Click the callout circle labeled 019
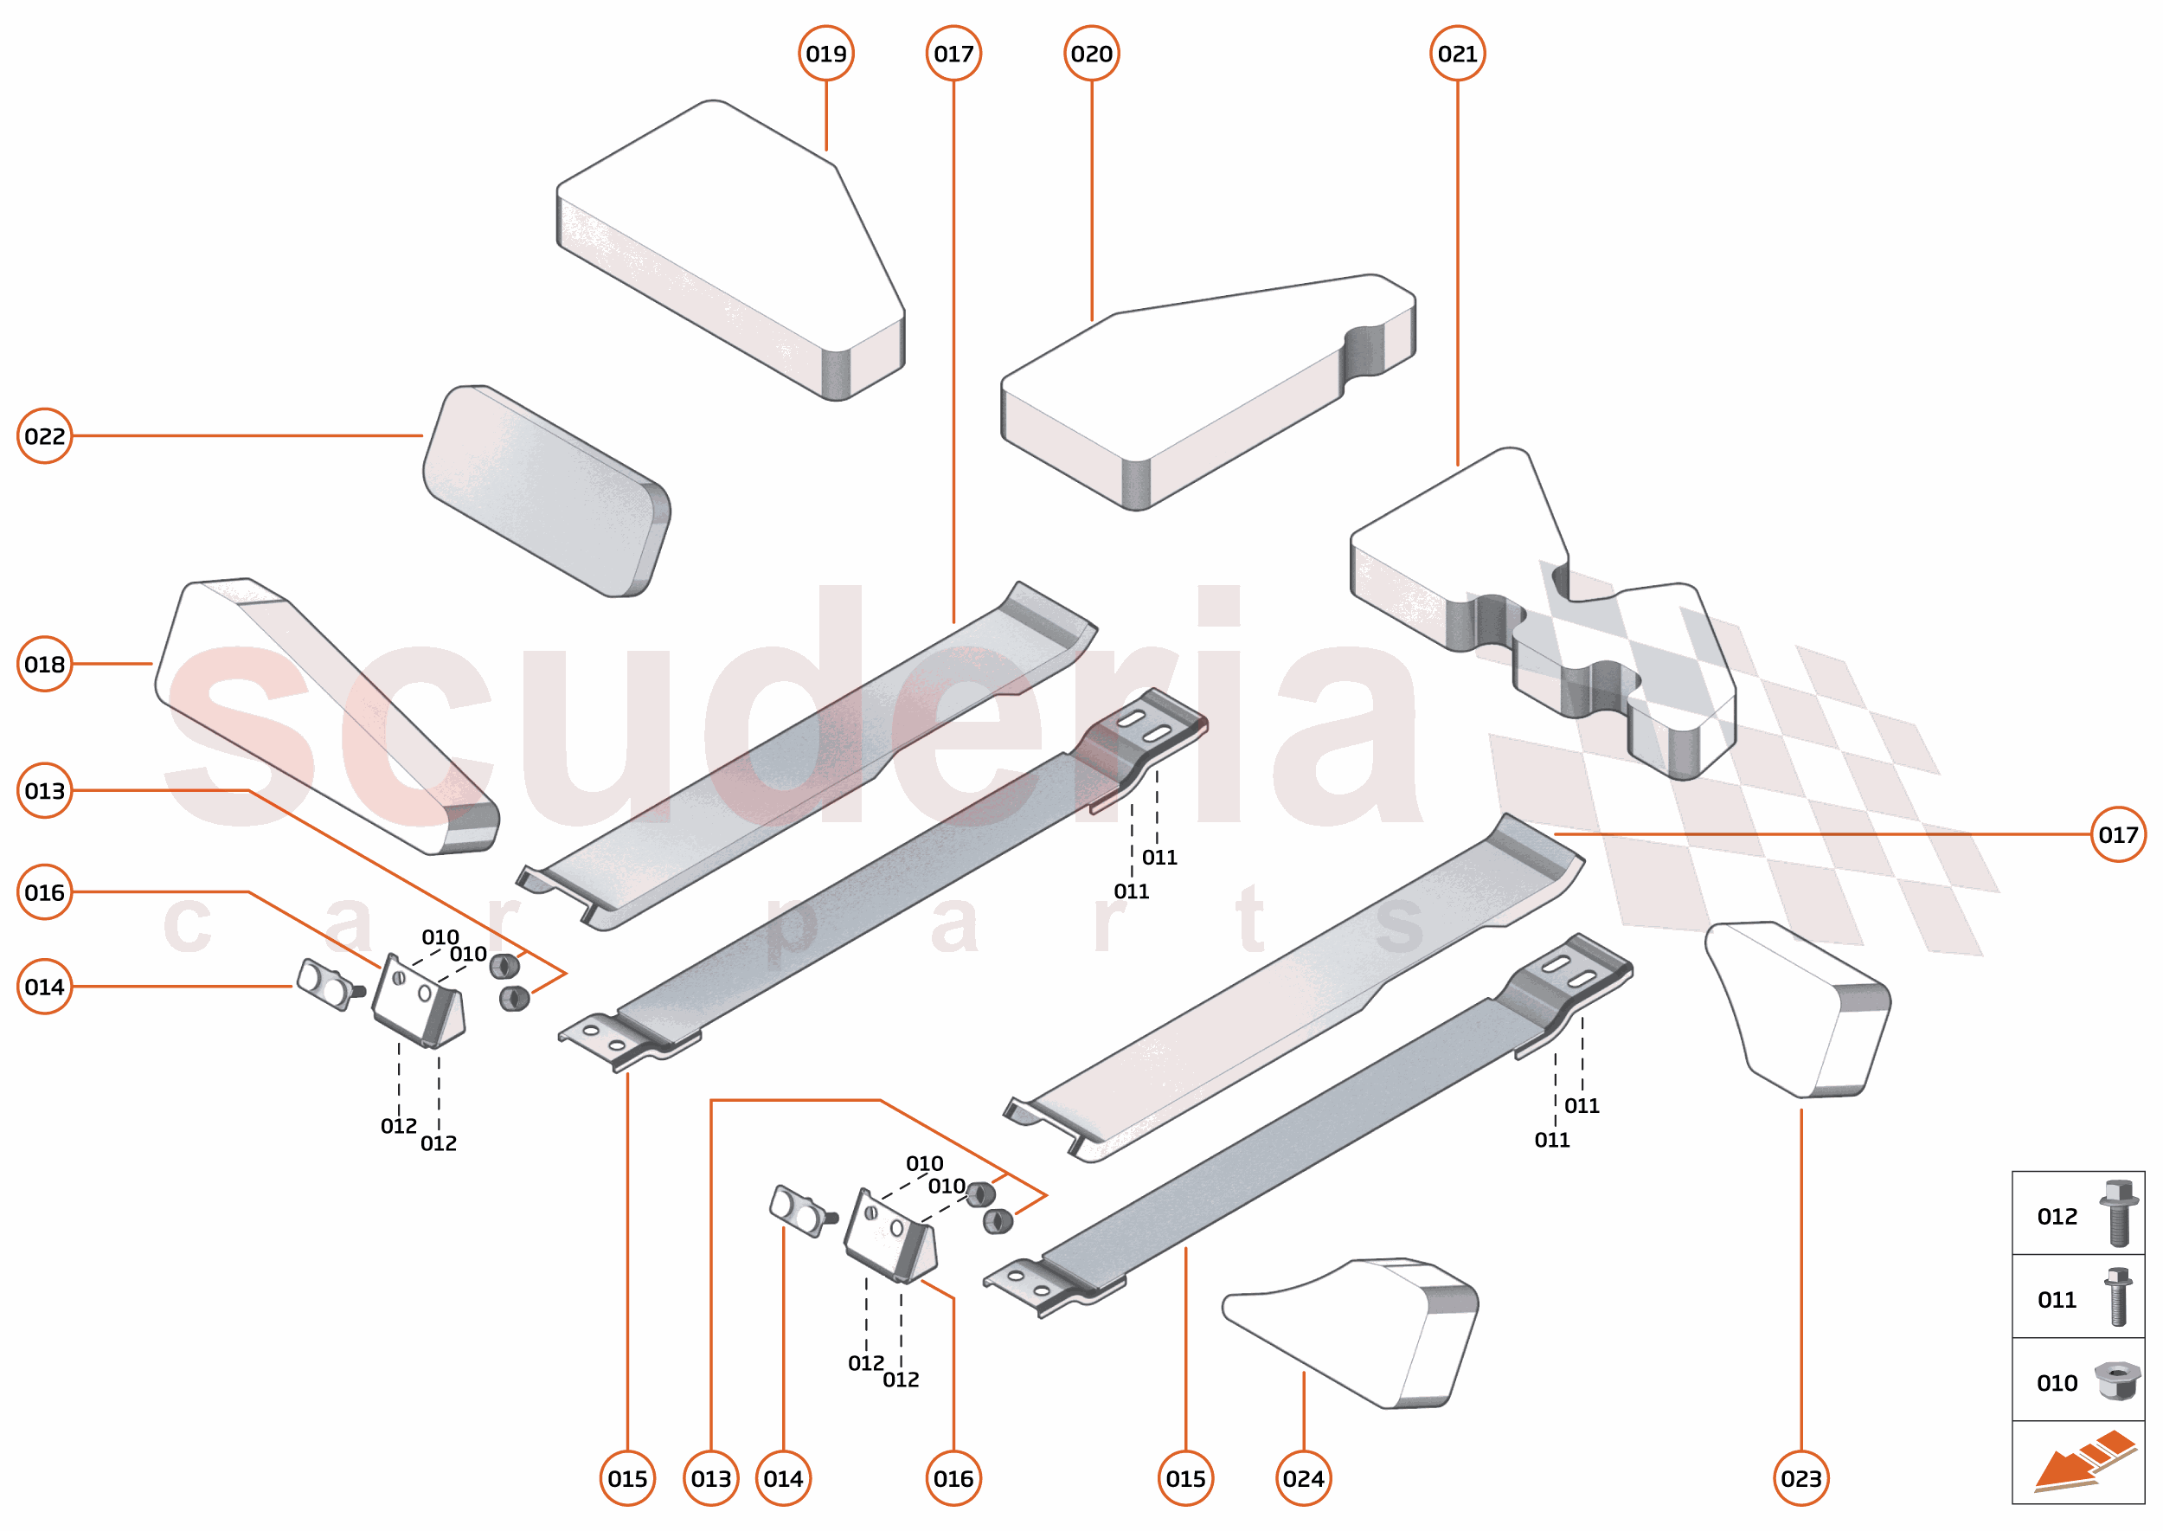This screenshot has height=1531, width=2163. [825, 54]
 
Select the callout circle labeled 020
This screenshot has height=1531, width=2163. [1091, 54]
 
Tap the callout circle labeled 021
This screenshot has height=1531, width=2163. [1457, 54]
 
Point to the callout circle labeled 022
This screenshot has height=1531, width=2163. [44, 435]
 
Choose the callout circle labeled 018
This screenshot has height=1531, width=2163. [44, 664]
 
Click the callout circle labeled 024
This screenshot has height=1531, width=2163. [1304, 1478]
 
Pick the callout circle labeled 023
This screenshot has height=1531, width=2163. [1801, 1478]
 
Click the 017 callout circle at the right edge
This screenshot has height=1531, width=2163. [2118, 834]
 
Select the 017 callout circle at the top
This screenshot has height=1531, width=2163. [953, 54]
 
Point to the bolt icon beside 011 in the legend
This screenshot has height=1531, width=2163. [2118, 1297]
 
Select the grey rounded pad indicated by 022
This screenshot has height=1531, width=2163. [547, 490]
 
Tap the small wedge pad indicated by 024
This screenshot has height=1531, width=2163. [1367, 1329]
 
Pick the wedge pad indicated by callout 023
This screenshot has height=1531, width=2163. [1800, 1009]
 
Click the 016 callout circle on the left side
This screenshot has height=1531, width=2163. [44, 891]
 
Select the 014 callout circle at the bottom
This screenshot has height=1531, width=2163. [783, 1478]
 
